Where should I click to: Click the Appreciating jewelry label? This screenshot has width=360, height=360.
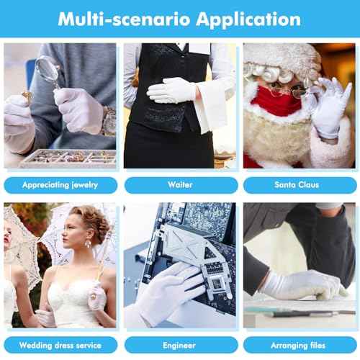pyautogui.click(x=60, y=185)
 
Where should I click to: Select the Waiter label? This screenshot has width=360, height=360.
pyautogui.click(x=180, y=185)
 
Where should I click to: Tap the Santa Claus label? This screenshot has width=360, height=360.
pyautogui.click(x=297, y=185)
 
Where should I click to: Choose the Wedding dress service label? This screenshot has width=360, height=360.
pyautogui.click(x=60, y=345)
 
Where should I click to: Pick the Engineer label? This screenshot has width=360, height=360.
pyautogui.click(x=180, y=345)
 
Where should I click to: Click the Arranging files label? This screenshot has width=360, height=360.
pyautogui.click(x=297, y=345)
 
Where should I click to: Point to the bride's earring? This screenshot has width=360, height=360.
pyautogui.click(x=89, y=244)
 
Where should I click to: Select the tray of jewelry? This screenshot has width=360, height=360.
pyautogui.click(x=68, y=157)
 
